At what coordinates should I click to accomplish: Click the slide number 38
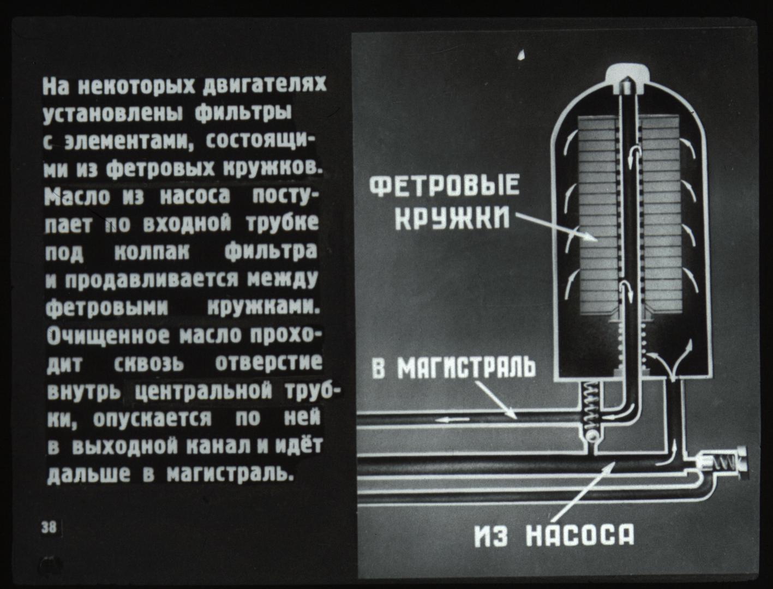click(49, 528)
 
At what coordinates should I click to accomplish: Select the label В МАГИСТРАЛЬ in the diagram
click(454, 368)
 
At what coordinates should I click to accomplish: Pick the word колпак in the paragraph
click(152, 253)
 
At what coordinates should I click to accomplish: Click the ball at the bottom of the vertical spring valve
click(591, 436)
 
